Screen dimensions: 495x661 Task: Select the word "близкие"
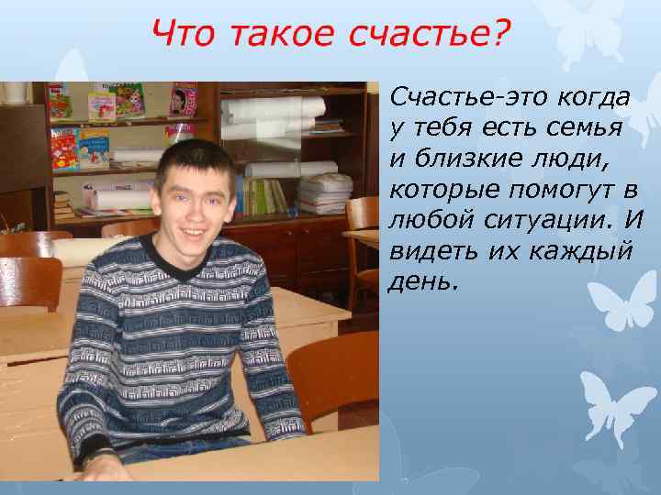pyautogui.click(x=464, y=159)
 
